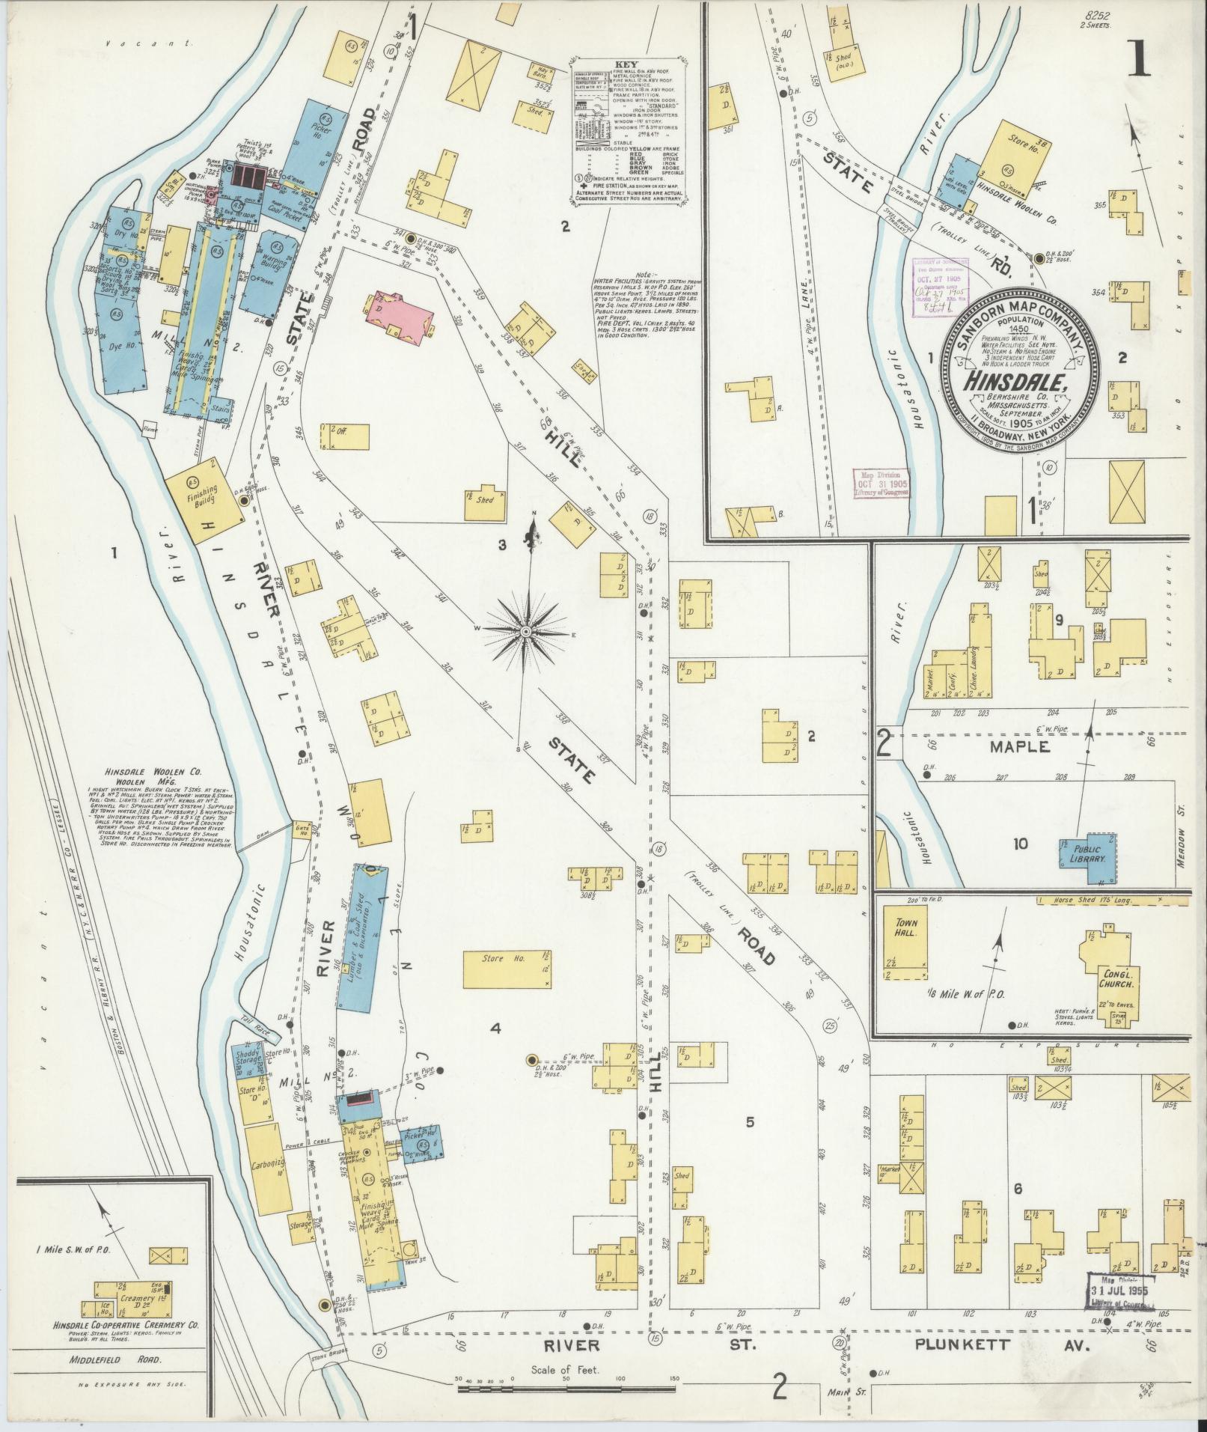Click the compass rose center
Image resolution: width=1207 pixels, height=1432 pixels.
[526, 633]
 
